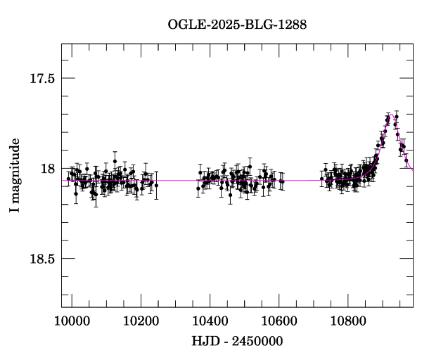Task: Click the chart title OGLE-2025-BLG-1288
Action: click(237, 25)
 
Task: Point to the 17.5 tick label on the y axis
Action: click(41, 78)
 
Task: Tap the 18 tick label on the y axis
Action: click(47, 169)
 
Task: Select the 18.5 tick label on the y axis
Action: click(41, 259)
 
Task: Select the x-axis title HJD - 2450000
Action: click(237, 342)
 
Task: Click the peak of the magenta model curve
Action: click(392, 115)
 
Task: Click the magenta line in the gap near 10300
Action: click(176, 181)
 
